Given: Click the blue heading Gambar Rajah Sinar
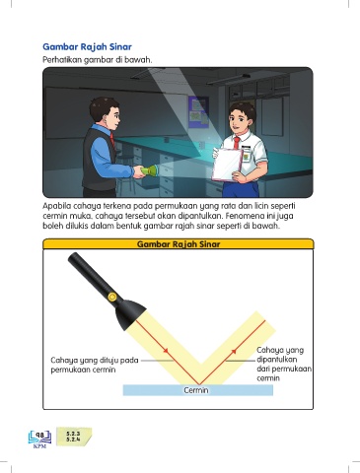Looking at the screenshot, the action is tap(87, 47).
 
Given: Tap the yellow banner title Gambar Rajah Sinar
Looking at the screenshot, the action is tap(179, 244).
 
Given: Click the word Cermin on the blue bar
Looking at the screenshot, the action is tap(196, 390).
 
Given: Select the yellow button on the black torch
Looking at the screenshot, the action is tap(112, 298).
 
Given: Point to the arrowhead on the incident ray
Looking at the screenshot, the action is tap(167, 351).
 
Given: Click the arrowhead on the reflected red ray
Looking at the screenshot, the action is tap(234, 351).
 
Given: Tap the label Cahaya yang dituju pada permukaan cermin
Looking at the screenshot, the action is tap(95, 365).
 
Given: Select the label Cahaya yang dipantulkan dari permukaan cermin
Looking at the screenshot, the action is tap(284, 364).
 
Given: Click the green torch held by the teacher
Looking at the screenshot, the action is tap(149, 170).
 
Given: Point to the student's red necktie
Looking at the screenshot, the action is tap(237, 143).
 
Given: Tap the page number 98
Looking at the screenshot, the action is tap(39, 436).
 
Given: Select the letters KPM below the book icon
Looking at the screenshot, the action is tap(39, 446).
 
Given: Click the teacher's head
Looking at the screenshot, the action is tap(105, 112).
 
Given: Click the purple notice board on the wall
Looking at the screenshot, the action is tap(198, 112).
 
